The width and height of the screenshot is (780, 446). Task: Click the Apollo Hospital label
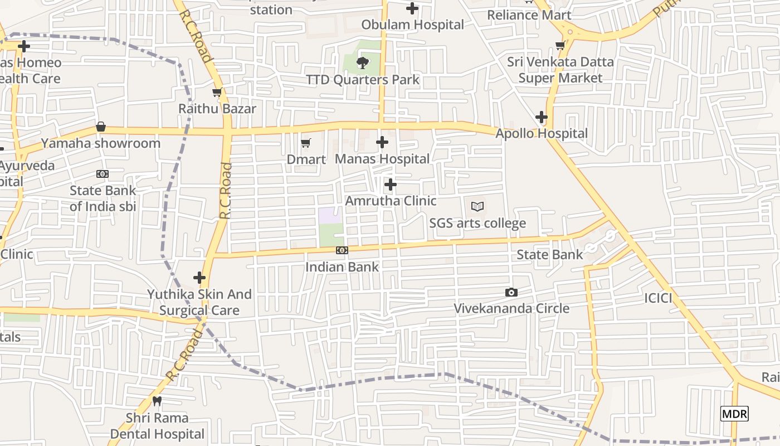pyautogui.click(x=542, y=134)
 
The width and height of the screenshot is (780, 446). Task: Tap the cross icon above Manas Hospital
pyautogui.click(x=382, y=143)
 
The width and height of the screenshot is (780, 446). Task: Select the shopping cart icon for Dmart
pyautogui.click(x=305, y=144)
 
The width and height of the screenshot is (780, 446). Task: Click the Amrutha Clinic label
pyautogui.click(x=391, y=201)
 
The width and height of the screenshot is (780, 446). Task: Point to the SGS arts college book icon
pyautogui.click(x=477, y=207)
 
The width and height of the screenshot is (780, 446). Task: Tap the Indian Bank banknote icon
pyautogui.click(x=342, y=251)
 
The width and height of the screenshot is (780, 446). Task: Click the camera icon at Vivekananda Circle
pyautogui.click(x=511, y=293)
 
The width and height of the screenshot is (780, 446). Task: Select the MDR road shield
pyautogui.click(x=734, y=414)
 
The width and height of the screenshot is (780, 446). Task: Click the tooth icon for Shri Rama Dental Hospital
pyautogui.click(x=157, y=401)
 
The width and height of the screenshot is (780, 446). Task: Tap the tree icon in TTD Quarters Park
pyautogui.click(x=363, y=63)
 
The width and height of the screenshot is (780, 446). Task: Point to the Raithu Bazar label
pyautogui.click(x=217, y=109)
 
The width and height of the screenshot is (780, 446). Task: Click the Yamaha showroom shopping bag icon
pyautogui.click(x=101, y=127)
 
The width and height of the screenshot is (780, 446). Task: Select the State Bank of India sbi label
pyautogui.click(x=103, y=198)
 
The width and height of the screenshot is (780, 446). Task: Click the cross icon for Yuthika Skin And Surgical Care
pyautogui.click(x=199, y=278)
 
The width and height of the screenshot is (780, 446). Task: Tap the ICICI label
pyautogui.click(x=658, y=298)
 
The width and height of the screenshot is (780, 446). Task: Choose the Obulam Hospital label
pyautogui.click(x=412, y=25)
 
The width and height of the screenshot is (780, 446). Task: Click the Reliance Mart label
pyautogui.click(x=529, y=15)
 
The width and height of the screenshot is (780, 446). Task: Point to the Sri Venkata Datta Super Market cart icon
pyautogui.click(x=560, y=46)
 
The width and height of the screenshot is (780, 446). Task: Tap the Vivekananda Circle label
pyautogui.click(x=511, y=309)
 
